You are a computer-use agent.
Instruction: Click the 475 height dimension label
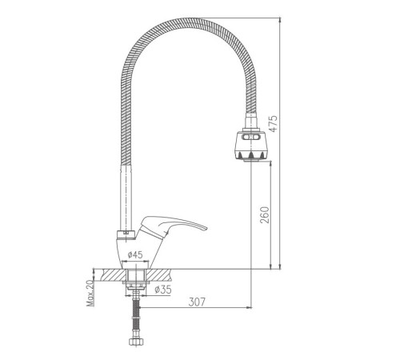click(273, 123)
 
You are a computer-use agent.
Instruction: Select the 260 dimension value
click(265, 215)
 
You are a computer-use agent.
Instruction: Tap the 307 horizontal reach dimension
click(197, 302)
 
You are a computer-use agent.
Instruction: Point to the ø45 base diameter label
click(135, 255)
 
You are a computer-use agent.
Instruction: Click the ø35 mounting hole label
click(162, 290)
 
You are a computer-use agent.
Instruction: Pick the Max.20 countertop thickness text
click(90, 293)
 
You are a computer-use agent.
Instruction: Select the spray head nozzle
click(251, 146)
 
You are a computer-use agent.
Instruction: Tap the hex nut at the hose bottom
click(136, 342)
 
